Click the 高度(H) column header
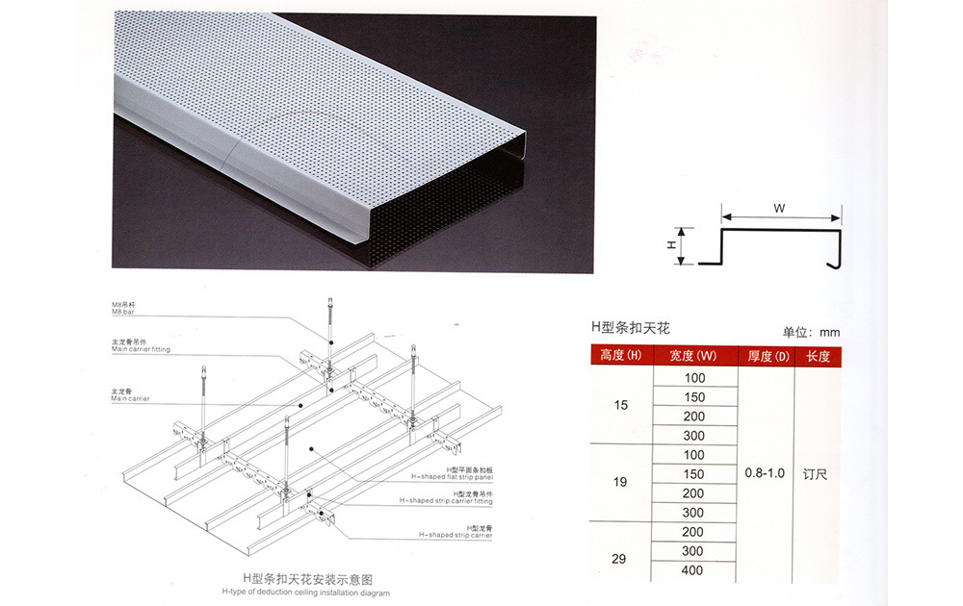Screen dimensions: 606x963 point(620,356)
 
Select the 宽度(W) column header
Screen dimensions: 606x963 point(693,356)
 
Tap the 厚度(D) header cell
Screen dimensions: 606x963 point(767,356)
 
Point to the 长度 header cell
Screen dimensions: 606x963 point(818,356)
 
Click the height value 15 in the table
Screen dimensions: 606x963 point(620,406)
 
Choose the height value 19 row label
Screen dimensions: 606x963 point(620,482)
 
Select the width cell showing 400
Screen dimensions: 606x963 point(693,570)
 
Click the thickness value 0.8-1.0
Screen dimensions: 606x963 point(766,473)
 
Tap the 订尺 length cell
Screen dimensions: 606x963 point(817,473)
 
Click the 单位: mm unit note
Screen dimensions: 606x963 point(811,333)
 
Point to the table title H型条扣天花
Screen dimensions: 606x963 point(630,328)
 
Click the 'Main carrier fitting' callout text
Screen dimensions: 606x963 point(141,349)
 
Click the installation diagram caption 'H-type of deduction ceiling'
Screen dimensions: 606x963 point(306,593)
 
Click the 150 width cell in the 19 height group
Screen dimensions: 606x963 point(693,473)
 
